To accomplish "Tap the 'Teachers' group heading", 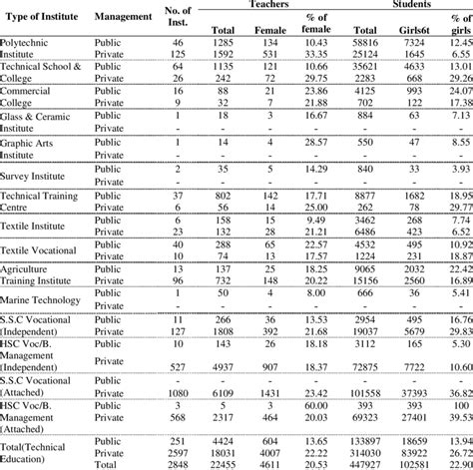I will tap(263, 4).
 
